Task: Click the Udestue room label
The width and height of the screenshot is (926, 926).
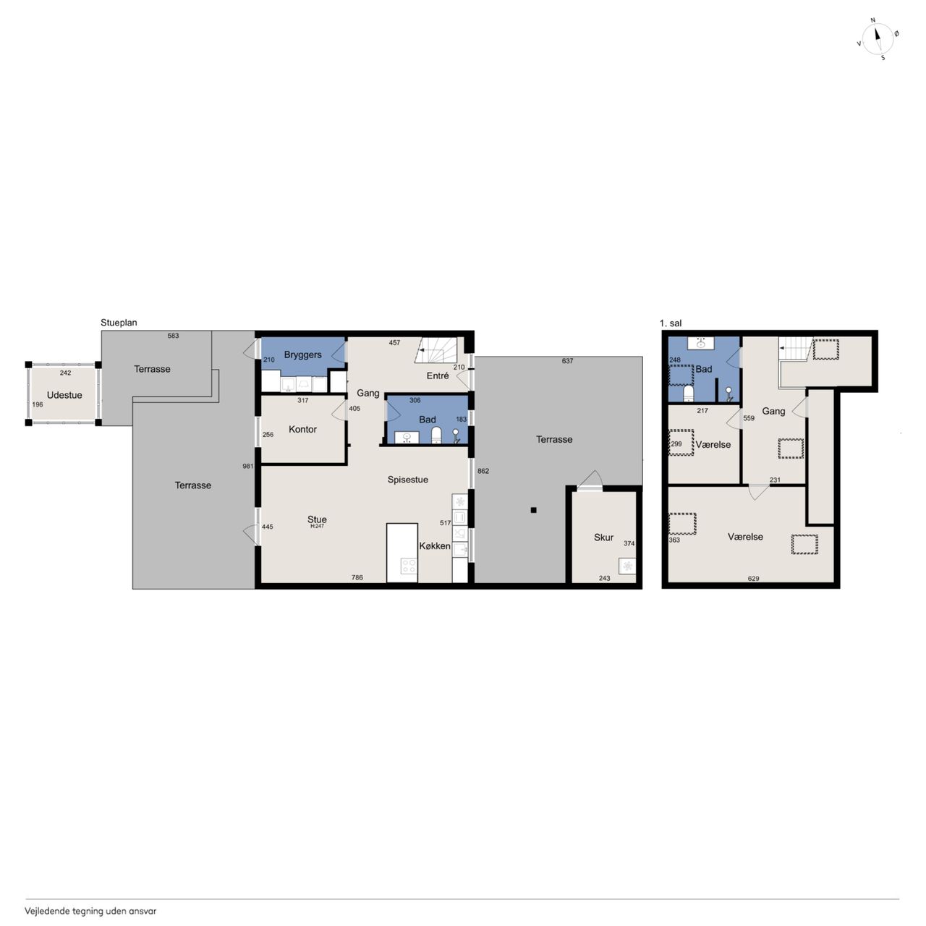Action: pos(64,395)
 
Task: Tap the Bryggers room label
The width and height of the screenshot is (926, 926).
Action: pos(302,355)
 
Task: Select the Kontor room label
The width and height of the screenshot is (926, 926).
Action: pos(302,429)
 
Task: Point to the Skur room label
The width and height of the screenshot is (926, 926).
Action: pos(603,538)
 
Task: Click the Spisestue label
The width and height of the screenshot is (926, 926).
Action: pos(408,480)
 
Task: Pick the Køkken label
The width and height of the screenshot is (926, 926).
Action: pos(435,546)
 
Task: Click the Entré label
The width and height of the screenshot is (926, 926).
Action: pos(438,375)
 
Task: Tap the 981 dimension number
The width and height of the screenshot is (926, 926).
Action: pos(248,466)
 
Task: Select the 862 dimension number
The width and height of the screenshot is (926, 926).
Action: pos(483,471)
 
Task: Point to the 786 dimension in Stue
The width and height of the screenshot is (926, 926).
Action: pos(357,577)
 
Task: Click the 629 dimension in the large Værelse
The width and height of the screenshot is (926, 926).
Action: pos(754,579)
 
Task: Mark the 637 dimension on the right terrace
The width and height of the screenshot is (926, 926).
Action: pos(567,361)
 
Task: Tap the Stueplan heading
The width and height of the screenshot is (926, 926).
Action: pos(119,323)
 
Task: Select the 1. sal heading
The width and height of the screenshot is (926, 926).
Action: pos(671,323)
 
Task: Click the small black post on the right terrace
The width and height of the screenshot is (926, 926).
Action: pos(533,510)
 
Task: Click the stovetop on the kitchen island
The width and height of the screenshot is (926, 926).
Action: pos(409,566)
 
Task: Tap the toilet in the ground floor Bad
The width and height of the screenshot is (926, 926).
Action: pos(436,435)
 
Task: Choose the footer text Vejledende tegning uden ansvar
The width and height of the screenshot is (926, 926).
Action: pos(90,911)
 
